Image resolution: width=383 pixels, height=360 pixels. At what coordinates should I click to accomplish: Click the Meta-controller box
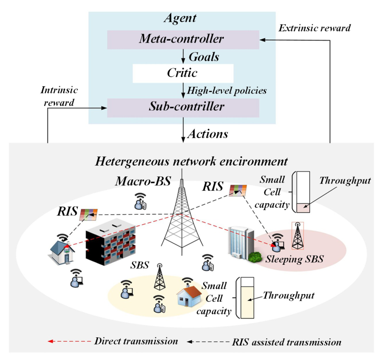point(183,40)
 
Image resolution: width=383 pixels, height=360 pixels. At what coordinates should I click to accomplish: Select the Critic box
point(183,73)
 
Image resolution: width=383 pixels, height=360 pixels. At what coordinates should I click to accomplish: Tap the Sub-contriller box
point(183,108)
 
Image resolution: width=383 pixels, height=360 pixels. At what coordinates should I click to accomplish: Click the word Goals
point(204,57)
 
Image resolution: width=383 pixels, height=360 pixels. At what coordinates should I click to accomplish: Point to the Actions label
point(208,134)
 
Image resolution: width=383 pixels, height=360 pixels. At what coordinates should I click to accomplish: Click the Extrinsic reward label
point(315,28)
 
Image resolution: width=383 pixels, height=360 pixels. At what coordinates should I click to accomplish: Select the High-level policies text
point(226,91)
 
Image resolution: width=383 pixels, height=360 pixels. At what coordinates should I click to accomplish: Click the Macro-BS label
point(143,181)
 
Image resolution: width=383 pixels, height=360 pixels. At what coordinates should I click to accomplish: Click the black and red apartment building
point(110,242)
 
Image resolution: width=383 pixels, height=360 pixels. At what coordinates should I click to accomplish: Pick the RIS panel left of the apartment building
point(88,214)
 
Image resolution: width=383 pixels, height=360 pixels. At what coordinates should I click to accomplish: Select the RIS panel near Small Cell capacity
point(238,190)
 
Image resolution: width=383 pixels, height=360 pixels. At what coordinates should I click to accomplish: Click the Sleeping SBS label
point(295,259)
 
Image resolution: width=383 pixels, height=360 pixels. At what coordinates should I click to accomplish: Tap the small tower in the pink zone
point(298,236)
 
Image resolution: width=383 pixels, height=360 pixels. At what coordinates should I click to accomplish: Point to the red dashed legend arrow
point(69,341)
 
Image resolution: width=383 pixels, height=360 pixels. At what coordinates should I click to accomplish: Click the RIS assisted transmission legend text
point(287,342)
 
